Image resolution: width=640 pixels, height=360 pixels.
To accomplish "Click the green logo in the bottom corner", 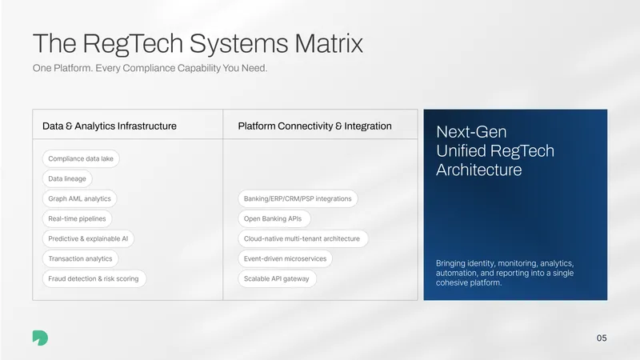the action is coord(40,338).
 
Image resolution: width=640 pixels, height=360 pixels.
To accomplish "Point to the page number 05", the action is coord(602,338).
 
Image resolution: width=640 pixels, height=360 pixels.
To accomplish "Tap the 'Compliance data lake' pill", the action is coord(81,158).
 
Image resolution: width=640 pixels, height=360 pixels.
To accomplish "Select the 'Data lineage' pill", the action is coord(67,178).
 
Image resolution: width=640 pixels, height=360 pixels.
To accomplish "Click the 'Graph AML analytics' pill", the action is coord(79,198).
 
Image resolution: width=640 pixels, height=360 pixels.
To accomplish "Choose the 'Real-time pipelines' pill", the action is coord(77,218).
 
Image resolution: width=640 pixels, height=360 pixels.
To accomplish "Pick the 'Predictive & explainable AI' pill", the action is coord(88,238).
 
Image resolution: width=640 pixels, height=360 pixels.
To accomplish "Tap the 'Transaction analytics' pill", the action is coord(81,258).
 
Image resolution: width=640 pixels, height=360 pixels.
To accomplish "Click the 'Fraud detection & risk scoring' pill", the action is coord(94,278).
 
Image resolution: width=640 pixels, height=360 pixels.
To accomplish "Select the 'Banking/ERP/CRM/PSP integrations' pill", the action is coord(298,198).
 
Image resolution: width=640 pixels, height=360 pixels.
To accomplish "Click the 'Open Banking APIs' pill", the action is coord(274,218).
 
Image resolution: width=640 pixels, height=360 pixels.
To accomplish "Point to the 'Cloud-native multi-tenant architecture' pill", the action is coord(302,238).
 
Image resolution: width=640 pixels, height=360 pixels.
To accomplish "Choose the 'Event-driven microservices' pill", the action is coord(285,258).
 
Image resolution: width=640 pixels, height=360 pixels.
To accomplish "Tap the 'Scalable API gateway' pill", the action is coord(277,278).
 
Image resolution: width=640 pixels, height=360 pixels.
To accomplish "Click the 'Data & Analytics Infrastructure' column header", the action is coord(110,126).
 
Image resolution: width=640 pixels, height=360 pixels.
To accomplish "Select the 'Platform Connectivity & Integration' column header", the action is coord(314,126).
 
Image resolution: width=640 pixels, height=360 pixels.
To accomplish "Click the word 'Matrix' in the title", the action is coord(329,43).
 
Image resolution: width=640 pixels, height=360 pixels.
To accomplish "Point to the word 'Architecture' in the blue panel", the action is coord(478,170).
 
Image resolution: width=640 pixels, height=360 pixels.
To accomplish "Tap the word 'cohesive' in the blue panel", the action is coord(450,282).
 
